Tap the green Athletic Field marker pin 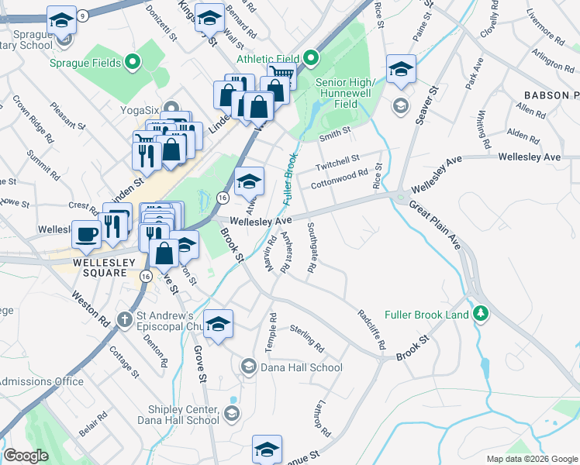311,58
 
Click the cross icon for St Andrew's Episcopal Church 124,319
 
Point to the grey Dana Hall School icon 248,366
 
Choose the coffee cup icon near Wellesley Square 85,233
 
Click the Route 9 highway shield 82,15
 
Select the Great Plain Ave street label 435,226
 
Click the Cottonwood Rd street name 339,181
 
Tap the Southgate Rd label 311,248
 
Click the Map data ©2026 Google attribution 532,459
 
